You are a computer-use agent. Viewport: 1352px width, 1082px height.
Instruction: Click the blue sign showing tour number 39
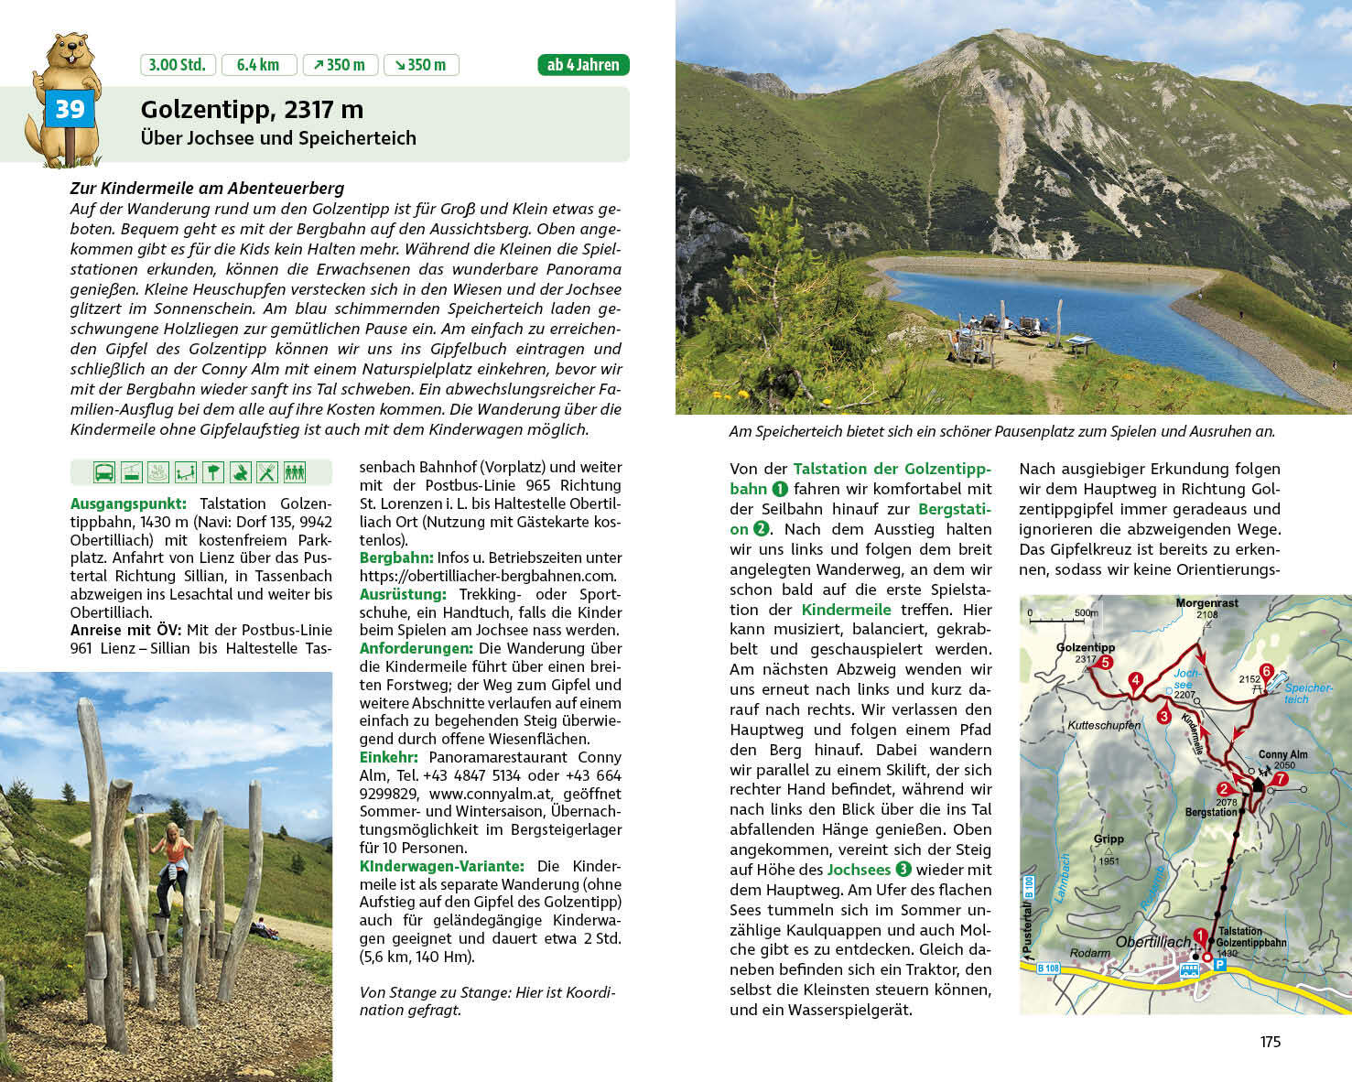[70, 110]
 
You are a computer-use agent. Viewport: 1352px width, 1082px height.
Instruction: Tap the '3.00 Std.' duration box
[178, 65]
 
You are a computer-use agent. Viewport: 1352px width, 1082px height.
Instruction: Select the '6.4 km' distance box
[258, 65]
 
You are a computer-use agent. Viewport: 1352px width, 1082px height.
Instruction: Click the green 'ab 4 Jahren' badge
[583, 65]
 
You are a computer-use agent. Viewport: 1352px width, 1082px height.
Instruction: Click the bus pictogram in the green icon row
[103, 472]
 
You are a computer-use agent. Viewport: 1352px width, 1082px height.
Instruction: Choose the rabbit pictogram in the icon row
[240, 472]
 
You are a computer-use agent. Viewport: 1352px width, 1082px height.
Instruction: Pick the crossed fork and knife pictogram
[266, 472]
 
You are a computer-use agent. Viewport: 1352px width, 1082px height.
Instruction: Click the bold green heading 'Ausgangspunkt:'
[128, 503]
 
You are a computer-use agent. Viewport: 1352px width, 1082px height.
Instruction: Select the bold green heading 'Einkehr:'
[388, 757]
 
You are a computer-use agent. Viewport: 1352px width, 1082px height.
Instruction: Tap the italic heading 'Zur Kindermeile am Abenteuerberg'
[207, 189]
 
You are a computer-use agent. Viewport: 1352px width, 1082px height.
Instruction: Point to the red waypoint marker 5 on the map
[1106, 663]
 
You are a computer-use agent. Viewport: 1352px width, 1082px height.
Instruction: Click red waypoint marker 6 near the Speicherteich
[1267, 671]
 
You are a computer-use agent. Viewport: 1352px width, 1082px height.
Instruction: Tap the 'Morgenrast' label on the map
[1207, 603]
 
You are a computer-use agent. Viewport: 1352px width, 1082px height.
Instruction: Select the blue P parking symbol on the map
[1219, 964]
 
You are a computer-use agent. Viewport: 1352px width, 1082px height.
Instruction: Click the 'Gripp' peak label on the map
[1109, 839]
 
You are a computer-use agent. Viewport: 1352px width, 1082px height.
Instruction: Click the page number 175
[1270, 1042]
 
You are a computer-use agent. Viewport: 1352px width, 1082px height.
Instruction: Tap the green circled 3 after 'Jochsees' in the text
[903, 870]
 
